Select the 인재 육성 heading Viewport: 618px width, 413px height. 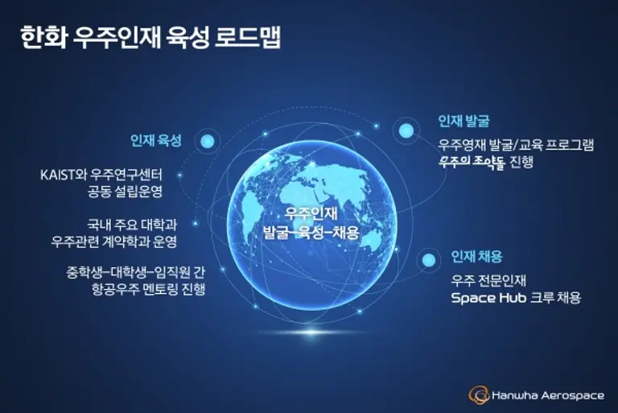pyautogui.click(x=156, y=140)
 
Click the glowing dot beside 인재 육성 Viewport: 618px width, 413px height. pyautogui.click(x=208, y=141)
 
